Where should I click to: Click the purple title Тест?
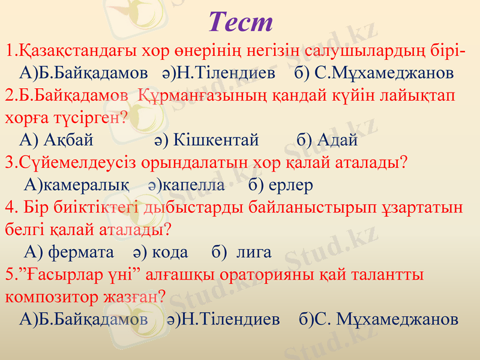click(241, 22)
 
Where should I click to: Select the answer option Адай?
click(336, 140)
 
